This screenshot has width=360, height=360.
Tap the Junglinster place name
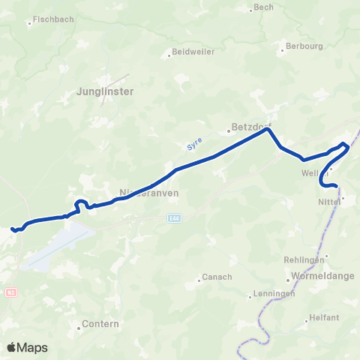pyautogui.click(x=105, y=91)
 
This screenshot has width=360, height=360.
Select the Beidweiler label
pyautogui.click(x=193, y=52)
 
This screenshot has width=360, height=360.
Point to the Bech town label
pyautogui.click(x=264, y=7)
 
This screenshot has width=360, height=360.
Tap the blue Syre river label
pyautogui.click(x=193, y=144)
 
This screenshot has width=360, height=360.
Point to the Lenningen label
pyautogui.click(x=274, y=293)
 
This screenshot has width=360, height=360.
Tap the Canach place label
pyautogui.click(x=217, y=277)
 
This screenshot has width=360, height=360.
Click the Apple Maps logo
pyautogui.click(x=27, y=347)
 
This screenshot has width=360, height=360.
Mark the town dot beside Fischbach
pyautogui.click(x=29, y=23)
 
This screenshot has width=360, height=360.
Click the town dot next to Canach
pyautogui.click(x=199, y=280)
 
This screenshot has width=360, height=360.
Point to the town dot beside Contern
pyautogui.click(x=79, y=328)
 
